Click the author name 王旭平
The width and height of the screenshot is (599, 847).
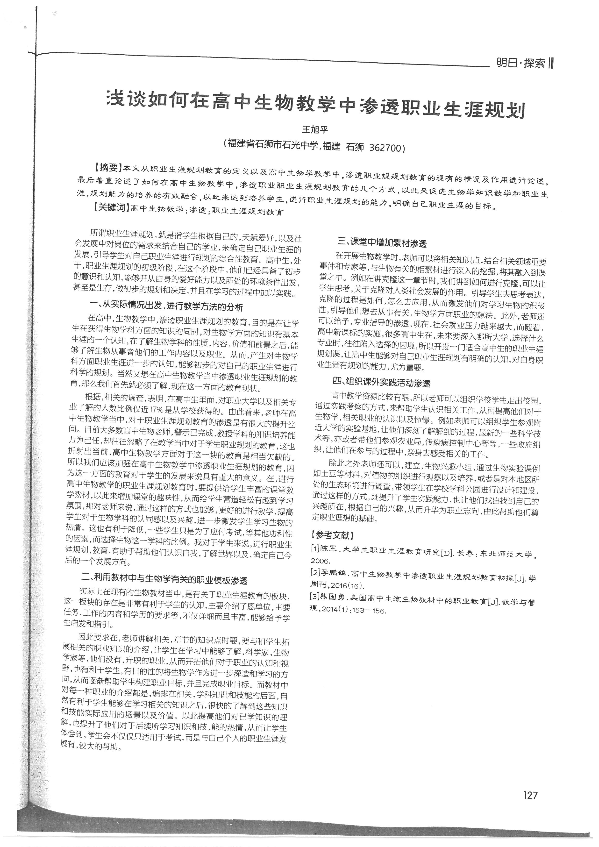point(315,130)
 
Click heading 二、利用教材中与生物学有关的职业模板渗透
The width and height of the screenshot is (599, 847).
point(164,580)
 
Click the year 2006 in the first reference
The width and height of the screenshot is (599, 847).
point(321,561)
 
